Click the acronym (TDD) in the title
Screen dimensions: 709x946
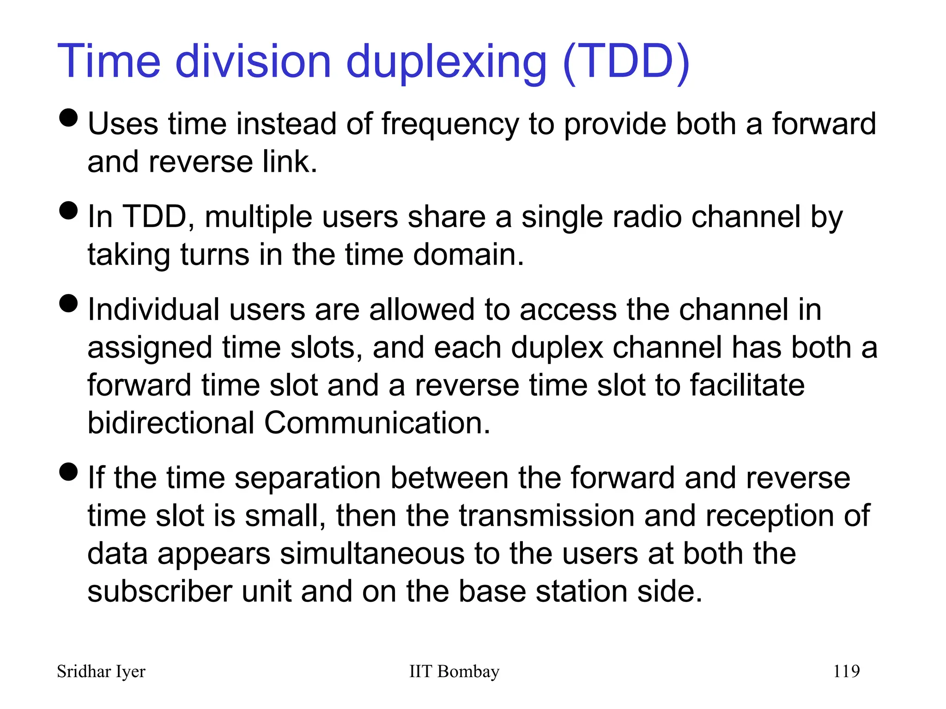pos(626,62)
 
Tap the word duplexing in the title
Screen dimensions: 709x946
pos(446,63)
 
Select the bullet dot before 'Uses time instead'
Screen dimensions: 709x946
pos(69,117)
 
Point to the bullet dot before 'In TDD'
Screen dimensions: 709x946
pos(69,210)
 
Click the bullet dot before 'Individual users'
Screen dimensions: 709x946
pos(69,303)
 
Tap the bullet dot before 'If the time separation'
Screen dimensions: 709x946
pos(69,472)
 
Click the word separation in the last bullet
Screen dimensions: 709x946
pos(308,478)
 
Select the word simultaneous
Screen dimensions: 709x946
pos(372,553)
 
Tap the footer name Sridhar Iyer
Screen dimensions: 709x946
pos(101,672)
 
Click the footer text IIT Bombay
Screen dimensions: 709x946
pos(454,672)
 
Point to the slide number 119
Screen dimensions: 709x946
pos(846,671)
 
